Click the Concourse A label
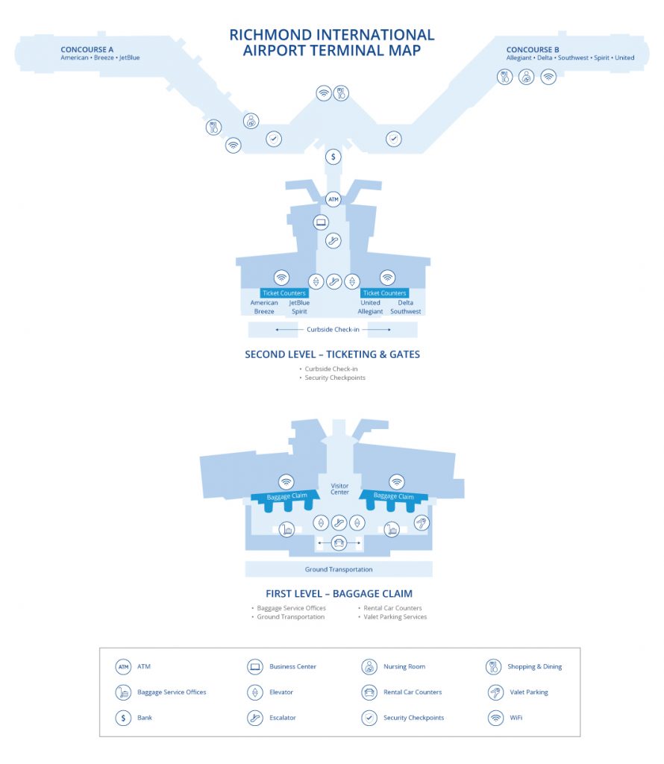(87, 49)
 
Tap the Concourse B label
(533, 49)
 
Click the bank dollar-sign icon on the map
(333, 157)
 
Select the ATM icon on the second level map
(333, 199)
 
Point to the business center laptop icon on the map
(321, 222)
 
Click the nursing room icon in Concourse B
(526, 77)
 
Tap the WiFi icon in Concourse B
(548, 77)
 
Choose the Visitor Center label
(339, 489)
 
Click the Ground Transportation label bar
(339, 569)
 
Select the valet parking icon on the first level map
(422, 523)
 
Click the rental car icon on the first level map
(339, 542)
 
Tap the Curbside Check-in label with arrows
(333, 329)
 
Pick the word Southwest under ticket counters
(405, 311)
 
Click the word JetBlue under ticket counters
(299, 303)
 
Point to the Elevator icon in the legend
(255, 692)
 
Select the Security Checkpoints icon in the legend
(369, 718)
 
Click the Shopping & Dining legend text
(534, 666)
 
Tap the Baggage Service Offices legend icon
(123, 692)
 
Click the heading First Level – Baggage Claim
(339, 593)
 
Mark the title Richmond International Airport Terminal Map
(332, 43)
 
